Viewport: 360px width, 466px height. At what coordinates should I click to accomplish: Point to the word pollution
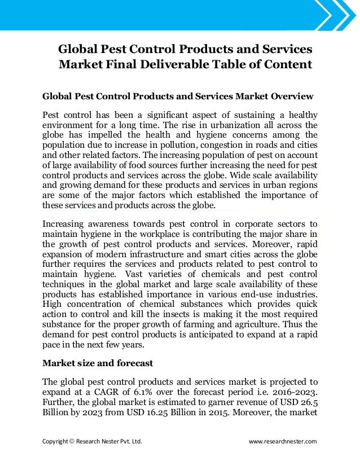[x=191, y=144]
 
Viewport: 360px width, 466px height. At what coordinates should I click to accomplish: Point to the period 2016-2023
[x=295, y=390]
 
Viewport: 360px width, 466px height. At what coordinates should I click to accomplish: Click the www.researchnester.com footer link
[x=283, y=441]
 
